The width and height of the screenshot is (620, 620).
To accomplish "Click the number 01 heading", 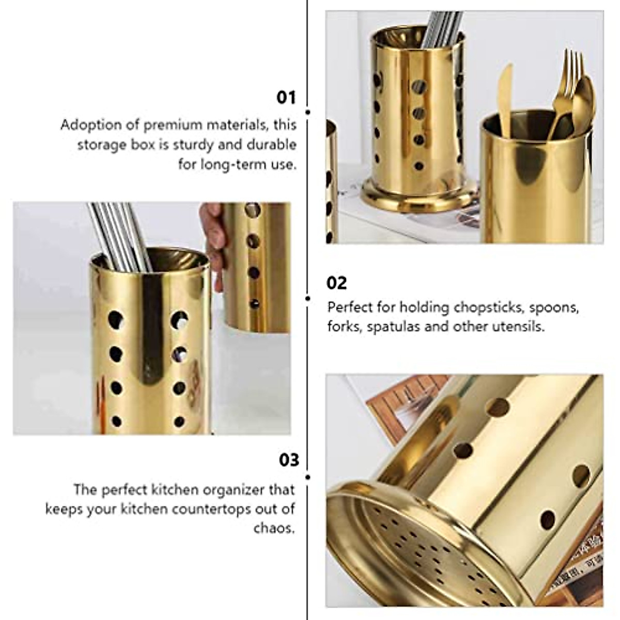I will (x=286, y=97).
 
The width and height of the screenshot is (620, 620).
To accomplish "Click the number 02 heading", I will (x=336, y=283).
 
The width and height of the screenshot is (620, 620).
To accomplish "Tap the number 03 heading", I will (x=289, y=459).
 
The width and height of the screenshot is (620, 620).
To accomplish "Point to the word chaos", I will (x=274, y=528).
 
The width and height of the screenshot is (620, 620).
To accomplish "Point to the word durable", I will (x=271, y=145).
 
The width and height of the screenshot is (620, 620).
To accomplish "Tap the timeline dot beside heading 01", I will (x=308, y=112).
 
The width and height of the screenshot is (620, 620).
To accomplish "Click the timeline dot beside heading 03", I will (x=308, y=477).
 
